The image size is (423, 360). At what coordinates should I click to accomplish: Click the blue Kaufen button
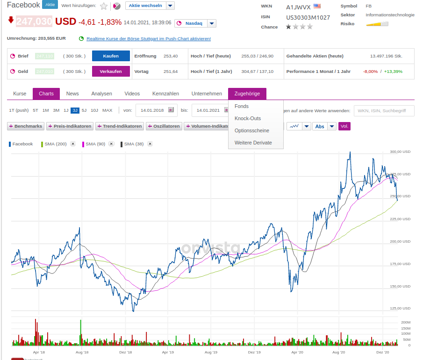coord(110,56)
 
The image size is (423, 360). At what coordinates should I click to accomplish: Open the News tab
coord(72,94)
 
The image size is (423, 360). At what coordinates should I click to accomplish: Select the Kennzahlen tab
coord(165,94)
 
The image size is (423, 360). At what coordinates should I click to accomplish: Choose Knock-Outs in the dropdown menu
coord(248,118)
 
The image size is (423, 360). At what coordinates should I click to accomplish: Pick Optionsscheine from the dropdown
coord(252,130)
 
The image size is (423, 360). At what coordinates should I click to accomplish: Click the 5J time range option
coord(84,110)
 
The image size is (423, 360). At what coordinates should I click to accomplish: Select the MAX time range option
coord(108,110)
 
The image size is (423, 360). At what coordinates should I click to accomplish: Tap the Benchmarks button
coord(26,126)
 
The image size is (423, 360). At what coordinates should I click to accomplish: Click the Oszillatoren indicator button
coord(164,126)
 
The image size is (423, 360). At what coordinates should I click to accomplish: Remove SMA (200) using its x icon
coord(73,144)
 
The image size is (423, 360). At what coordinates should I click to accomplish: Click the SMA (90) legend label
coord(95,144)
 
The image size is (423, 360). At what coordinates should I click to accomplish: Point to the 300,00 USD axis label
coord(400,151)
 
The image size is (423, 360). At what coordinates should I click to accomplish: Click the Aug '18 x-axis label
coord(82,352)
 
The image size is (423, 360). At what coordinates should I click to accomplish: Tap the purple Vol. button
coord(344,126)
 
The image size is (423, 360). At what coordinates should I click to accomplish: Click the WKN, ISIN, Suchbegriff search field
coord(384,111)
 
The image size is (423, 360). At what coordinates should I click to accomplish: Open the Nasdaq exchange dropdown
coord(212,23)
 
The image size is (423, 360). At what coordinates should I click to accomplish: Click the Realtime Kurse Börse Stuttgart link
coord(149,39)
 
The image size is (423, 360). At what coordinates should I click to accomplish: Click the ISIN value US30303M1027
coord(308,18)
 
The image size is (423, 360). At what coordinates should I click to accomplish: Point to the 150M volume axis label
coord(406,328)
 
